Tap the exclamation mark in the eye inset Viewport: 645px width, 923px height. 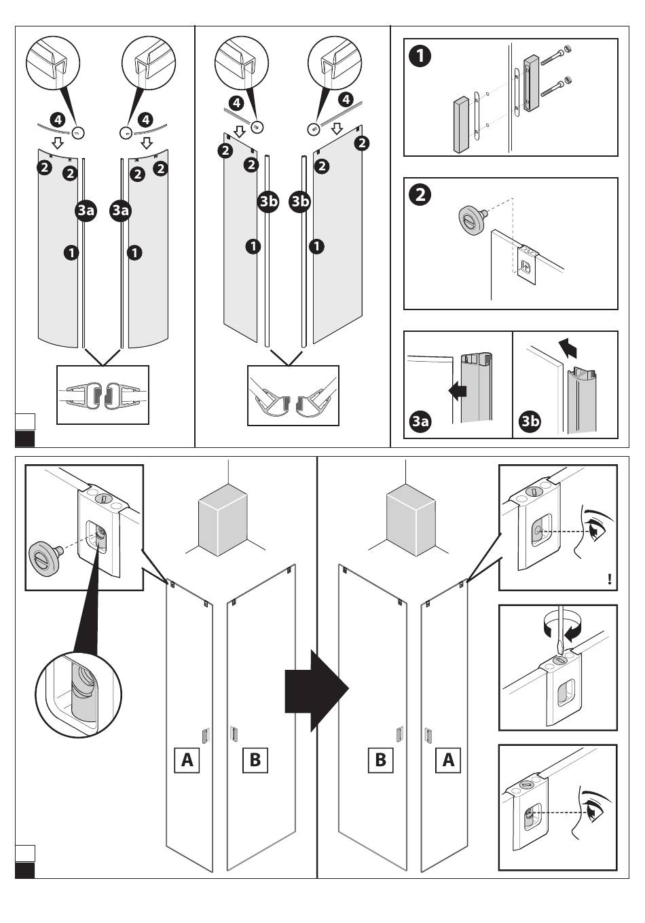click(x=610, y=580)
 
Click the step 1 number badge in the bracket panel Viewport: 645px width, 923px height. click(x=420, y=56)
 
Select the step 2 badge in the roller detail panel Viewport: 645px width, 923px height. click(x=420, y=195)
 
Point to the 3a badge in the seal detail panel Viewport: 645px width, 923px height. click(x=420, y=421)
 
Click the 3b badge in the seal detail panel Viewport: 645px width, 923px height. click(x=530, y=421)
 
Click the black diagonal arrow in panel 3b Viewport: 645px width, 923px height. click(x=568, y=347)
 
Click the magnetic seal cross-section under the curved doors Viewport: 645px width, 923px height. click(x=103, y=394)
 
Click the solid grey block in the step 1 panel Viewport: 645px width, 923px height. click(x=462, y=125)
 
